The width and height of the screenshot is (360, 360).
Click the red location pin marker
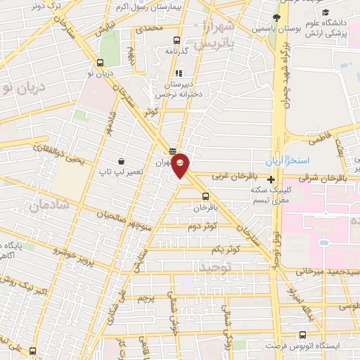tap(181, 165)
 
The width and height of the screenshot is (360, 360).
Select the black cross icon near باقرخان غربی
tap(271, 180)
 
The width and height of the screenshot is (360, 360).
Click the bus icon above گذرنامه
tap(176, 40)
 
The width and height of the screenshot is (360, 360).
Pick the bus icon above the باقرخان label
tap(205, 196)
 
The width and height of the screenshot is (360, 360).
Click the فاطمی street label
tap(319, 140)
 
